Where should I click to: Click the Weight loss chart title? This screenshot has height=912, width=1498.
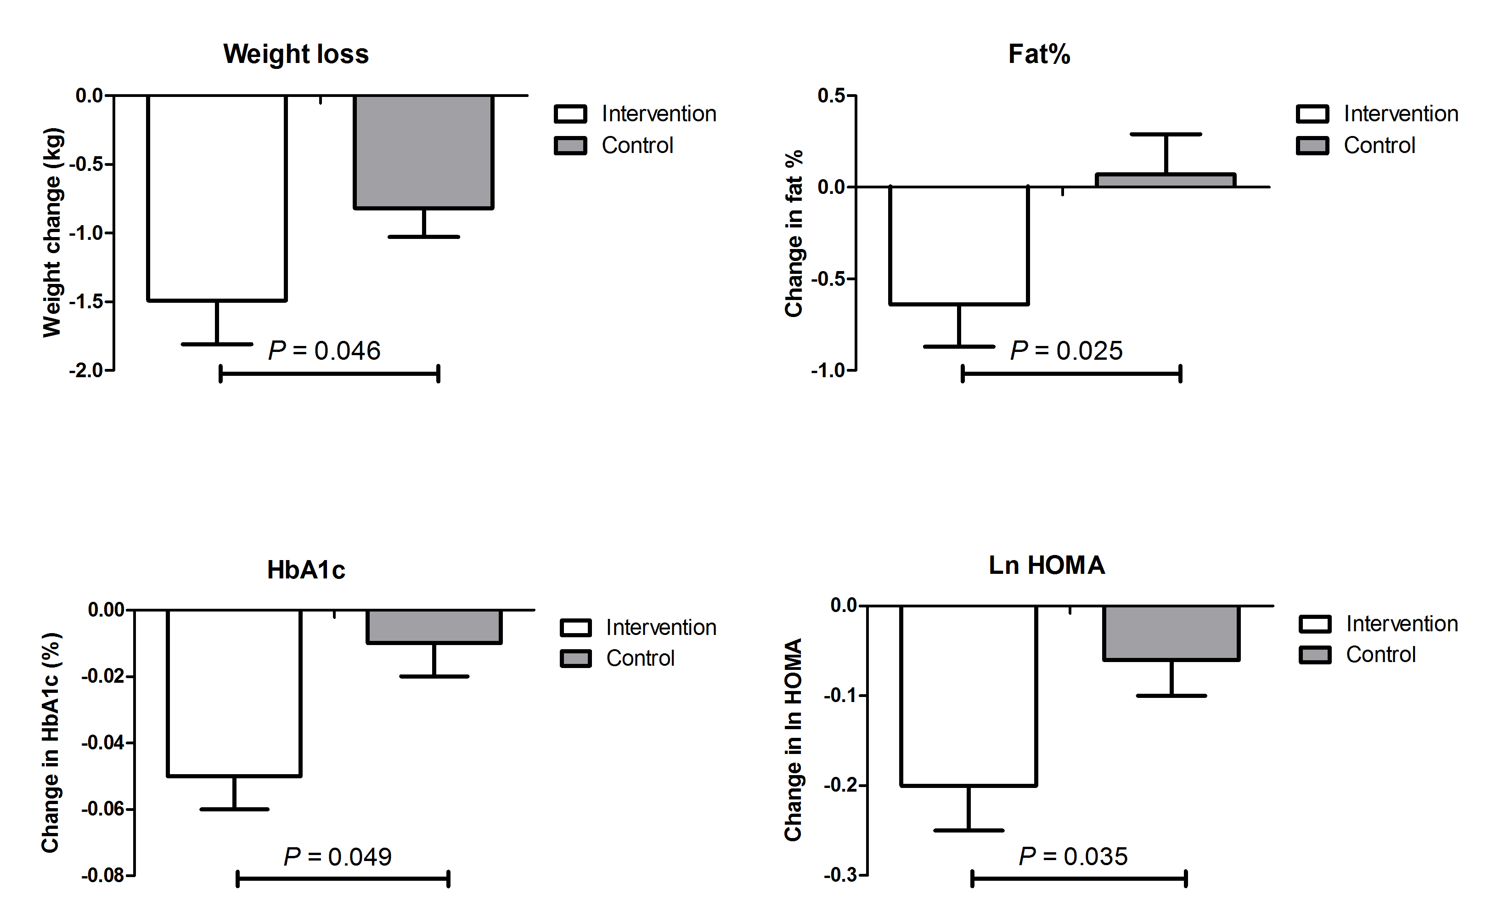coord(296,54)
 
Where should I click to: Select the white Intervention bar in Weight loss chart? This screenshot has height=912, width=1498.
coord(217,198)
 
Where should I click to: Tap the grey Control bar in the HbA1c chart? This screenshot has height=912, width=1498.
coord(434,626)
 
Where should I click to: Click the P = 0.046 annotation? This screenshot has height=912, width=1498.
coord(324,351)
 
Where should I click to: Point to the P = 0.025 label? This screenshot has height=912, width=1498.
coord(1066,351)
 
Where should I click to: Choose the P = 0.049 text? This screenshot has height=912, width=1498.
coord(338,857)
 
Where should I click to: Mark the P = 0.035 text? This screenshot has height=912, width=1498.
coord(1073,856)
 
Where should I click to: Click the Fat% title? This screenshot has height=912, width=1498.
coord(1039,54)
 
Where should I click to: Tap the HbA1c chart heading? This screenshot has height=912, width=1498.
coord(306,570)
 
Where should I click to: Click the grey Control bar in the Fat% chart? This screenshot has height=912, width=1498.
coord(1166,180)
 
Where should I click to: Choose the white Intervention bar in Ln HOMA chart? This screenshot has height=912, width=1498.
coord(969,696)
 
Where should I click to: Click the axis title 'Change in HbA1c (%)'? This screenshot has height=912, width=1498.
coord(51,742)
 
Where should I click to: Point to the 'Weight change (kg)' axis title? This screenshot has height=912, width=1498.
coord(53,232)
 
